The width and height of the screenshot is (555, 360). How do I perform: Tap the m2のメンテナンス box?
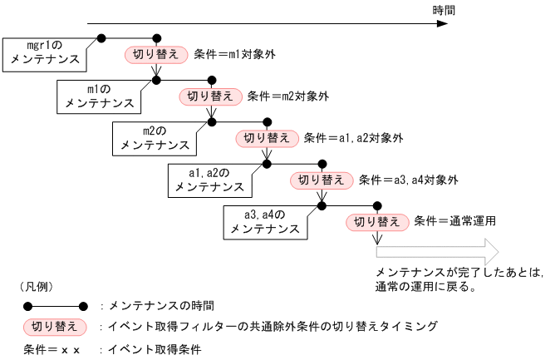click(x=154, y=138)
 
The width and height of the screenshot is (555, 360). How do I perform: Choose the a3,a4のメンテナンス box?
click(x=265, y=221)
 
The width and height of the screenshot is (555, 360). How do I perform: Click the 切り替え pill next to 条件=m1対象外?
click(x=155, y=54)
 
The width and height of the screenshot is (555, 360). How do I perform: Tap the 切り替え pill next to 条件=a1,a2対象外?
click(x=267, y=138)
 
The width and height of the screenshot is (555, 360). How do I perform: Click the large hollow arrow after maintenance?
click(x=435, y=251)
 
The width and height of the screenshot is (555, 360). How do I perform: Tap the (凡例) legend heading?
click(x=34, y=285)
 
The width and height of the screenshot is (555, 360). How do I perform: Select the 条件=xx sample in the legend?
click(x=52, y=349)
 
